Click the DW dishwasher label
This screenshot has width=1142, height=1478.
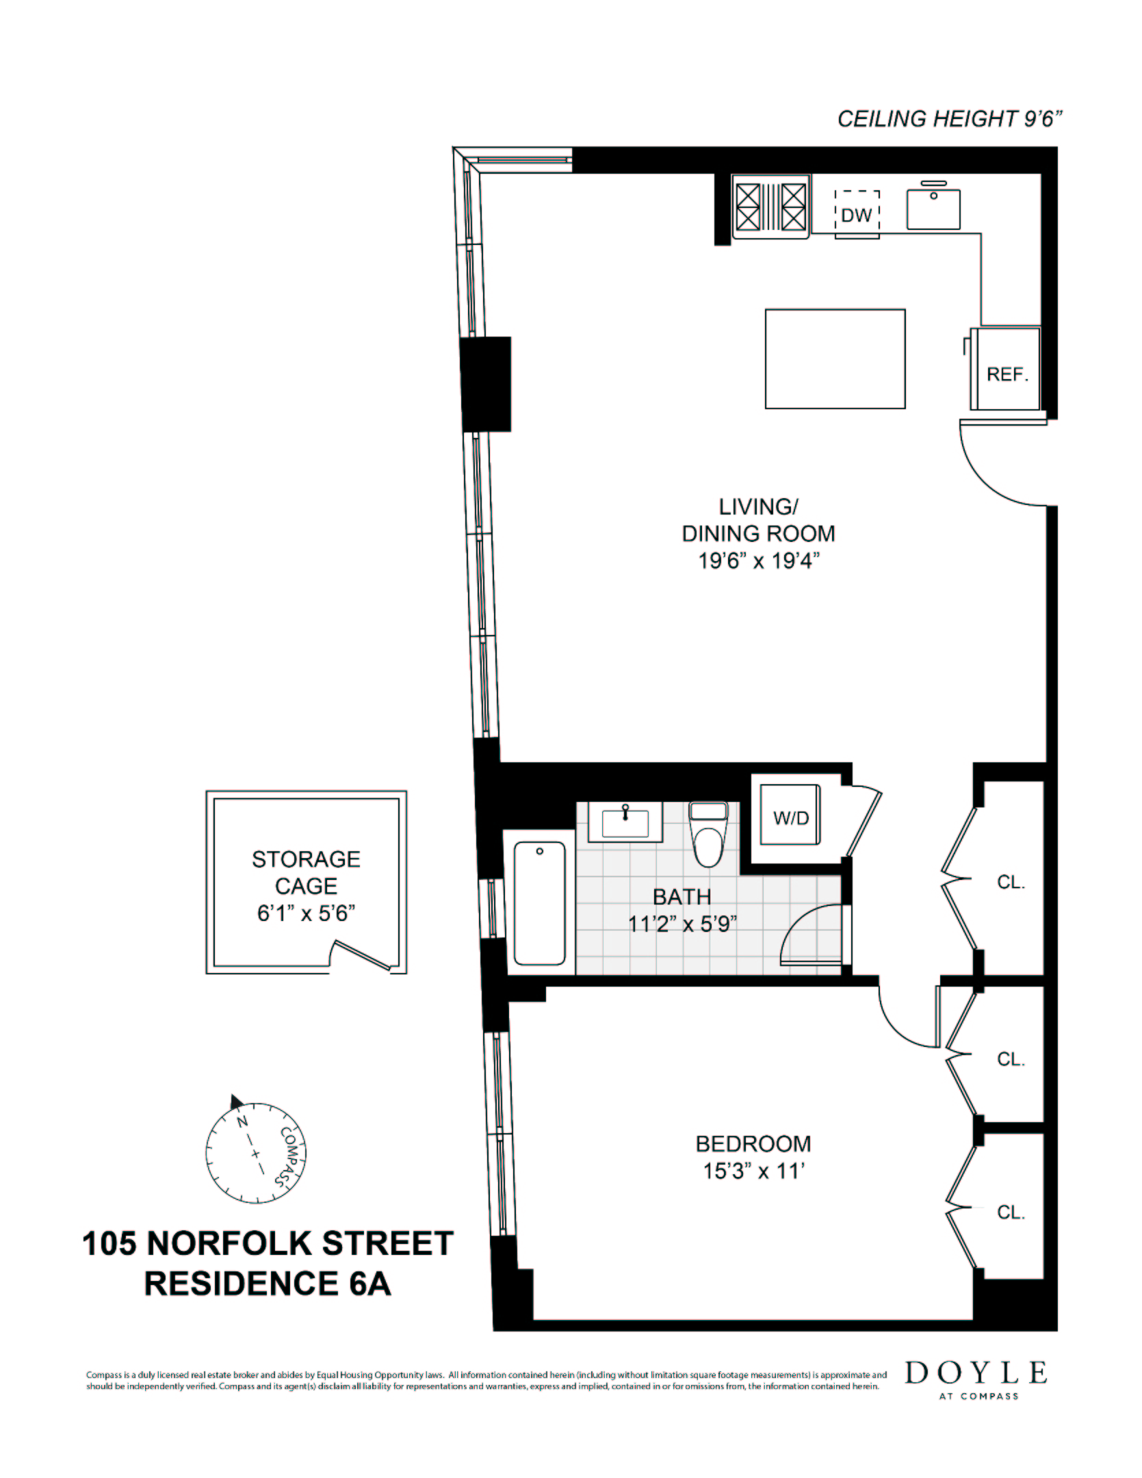tap(856, 215)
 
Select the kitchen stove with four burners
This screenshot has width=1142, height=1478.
tap(770, 207)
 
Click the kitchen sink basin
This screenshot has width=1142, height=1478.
tap(933, 209)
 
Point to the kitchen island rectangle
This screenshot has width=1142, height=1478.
tap(835, 359)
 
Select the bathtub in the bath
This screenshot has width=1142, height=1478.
tap(540, 903)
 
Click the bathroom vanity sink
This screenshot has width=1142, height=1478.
tap(625, 822)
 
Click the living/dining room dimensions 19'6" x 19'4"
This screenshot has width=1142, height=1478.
tap(758, 561)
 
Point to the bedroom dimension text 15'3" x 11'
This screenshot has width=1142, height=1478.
tap(753, 1171)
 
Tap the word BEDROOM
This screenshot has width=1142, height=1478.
tap(753, 1143)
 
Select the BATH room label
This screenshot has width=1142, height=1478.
tap(682, 896)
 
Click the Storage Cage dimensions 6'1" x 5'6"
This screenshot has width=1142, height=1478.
tap(306, 913)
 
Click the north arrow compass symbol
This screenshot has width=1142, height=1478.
tap(255, 1153)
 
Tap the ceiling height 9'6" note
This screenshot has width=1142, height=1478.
tap(950, 119)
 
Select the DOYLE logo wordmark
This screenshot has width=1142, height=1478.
tap(976, 1373)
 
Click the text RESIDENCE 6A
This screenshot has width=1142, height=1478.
tap(268, 1284)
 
